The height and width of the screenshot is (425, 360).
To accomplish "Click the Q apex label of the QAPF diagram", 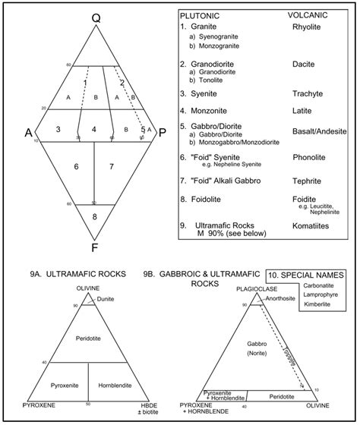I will tap(95, 17).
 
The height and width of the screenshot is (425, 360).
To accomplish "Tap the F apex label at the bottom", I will tap(94, 247).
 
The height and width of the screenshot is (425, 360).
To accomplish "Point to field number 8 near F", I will tap(94, 217).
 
